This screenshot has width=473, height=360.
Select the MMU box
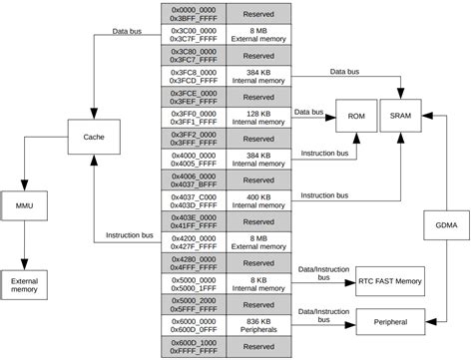(25, 204)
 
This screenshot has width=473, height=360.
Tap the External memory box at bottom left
(25, 286)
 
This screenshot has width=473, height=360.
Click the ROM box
(356, 117)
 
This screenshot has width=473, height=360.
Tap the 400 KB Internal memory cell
(258, 200)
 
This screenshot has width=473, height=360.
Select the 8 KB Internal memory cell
(258, 283)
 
